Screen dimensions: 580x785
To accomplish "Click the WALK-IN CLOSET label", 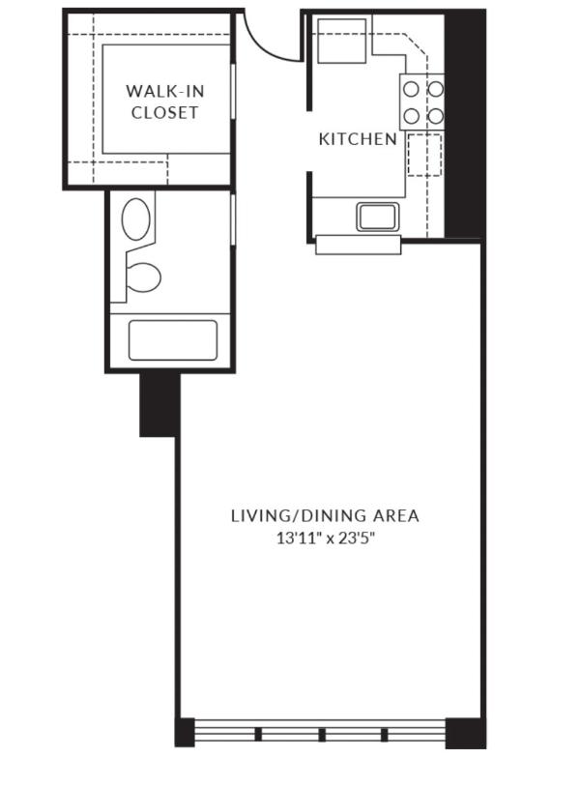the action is point(164,102).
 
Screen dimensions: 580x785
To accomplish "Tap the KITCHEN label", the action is point(358,138).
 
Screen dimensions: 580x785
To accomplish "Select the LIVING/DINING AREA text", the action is point(325,515).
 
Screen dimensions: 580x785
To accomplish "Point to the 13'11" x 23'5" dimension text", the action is point(326,538).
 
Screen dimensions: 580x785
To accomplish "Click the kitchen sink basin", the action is point(378,217).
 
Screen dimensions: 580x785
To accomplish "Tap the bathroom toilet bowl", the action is point(143,276).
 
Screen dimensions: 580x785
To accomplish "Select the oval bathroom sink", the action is point(135,218).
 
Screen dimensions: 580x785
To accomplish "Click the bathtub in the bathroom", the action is point(173,340).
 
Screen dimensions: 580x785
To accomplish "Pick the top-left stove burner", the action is point(412,90).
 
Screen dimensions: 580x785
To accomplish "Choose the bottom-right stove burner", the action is point(436,117).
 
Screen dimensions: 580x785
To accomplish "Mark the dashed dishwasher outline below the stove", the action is point(424,155).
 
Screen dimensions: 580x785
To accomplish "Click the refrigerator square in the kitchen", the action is point(342,41).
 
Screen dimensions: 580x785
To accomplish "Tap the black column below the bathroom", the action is point(159,404).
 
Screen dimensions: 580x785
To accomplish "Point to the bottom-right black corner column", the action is point(466,734).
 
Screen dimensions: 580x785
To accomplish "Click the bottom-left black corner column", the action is point(185,733).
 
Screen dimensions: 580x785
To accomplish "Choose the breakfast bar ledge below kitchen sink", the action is point(359,245).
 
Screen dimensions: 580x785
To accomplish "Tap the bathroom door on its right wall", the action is point(233,219).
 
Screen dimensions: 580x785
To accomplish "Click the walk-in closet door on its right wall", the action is point(233,92).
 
